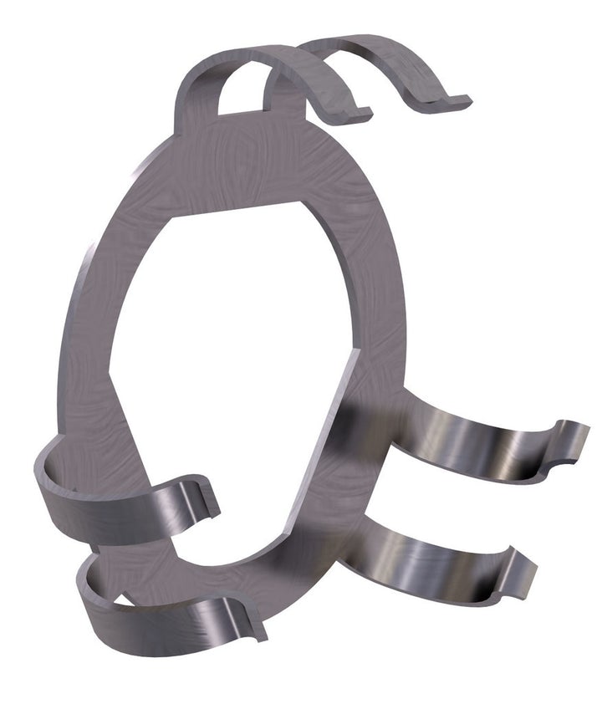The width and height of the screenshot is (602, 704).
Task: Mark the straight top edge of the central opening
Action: tap(234, 209)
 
